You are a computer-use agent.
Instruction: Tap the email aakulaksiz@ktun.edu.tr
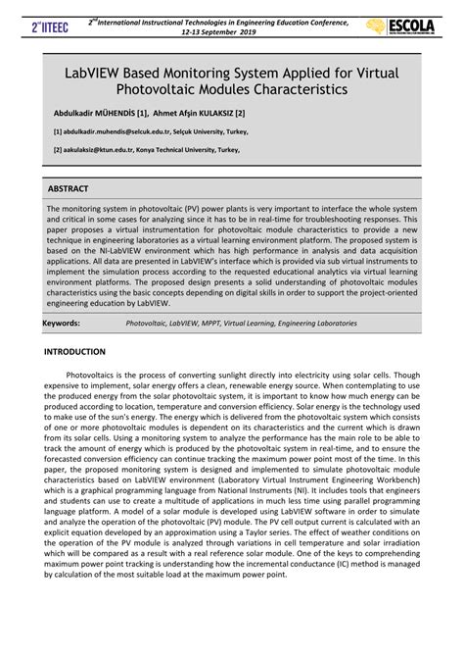click(102, 150)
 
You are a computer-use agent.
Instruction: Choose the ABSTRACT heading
click(69, 188)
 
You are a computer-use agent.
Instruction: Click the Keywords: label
click(63, 321)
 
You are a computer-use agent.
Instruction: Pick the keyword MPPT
click(215, 321)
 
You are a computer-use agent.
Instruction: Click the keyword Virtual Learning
click(254, 321)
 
